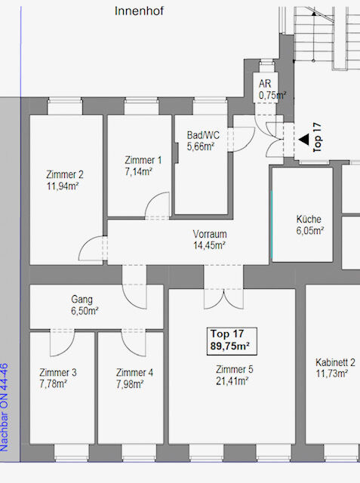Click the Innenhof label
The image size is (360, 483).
coord(139,11)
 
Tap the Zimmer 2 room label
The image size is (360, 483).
coord(65,174)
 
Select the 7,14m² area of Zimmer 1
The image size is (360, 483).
coord(139,171)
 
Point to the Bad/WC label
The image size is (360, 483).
coord(203,135)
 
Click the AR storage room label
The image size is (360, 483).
coord(265,84)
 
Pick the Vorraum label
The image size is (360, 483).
coord(210,234)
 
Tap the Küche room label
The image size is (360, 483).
coord(309,219)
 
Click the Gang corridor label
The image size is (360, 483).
coord(82,300)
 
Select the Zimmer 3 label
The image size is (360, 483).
coord(58,373)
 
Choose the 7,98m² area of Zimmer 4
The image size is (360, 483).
coord(130,384)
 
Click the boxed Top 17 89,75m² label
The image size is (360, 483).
coord(232,341)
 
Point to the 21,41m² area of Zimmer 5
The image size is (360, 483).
coord(232,381)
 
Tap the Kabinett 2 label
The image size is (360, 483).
coord(335,362)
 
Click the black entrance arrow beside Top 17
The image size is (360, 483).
coord(304,139)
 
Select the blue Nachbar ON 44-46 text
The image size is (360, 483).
coord(5,408)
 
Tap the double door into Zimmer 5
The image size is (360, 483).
coord(224,300)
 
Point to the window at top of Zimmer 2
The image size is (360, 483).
coord(65,106)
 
